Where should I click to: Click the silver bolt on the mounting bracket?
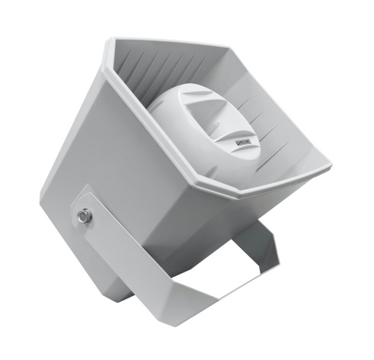pyautogui.click(x=84, y=217)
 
